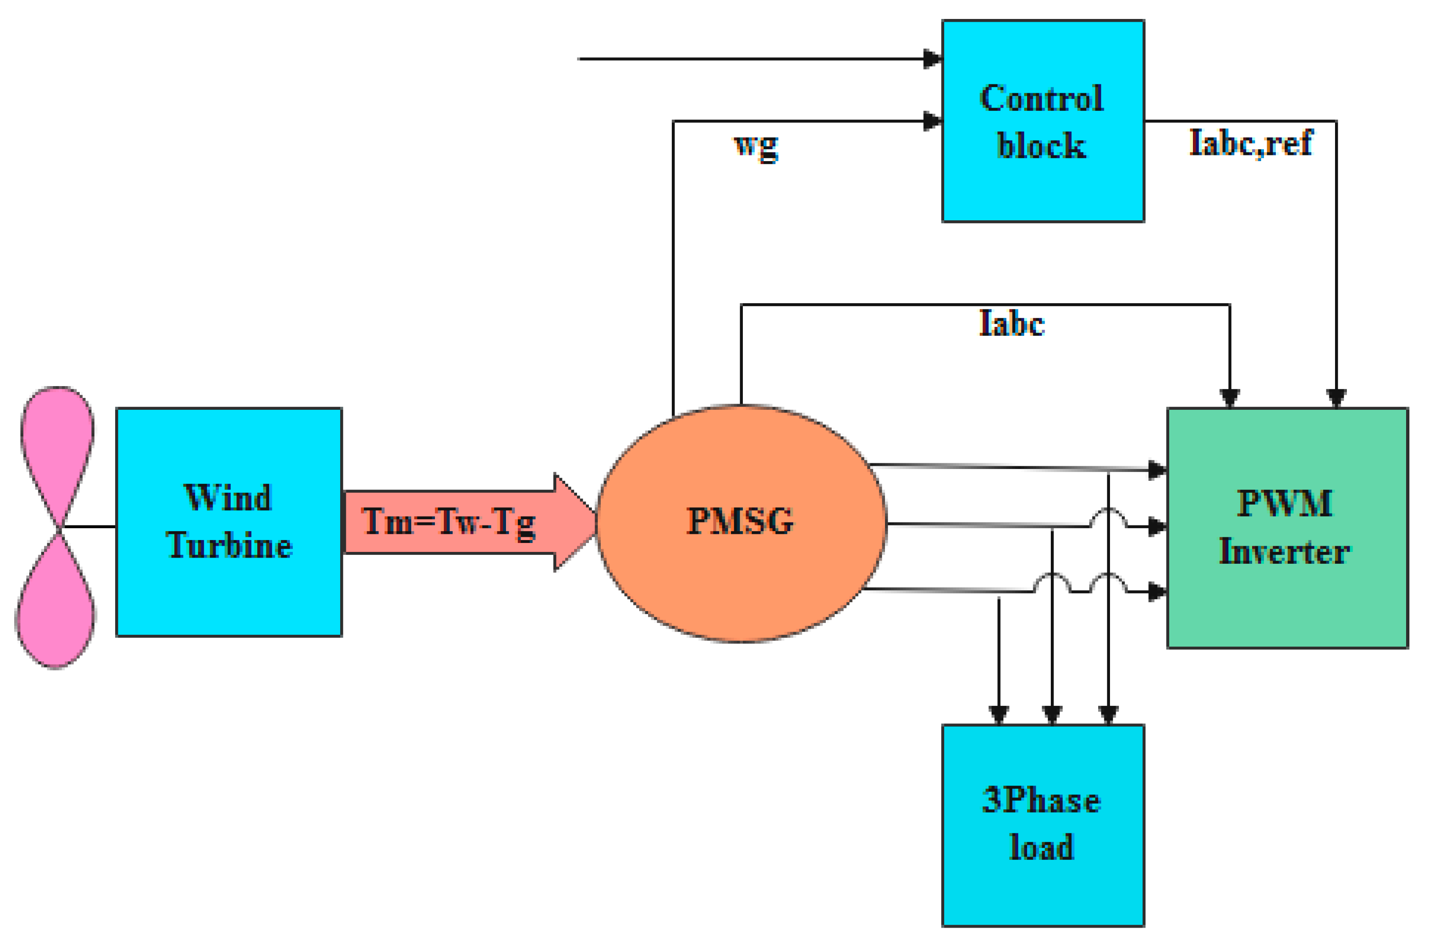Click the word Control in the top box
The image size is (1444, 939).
coord(1041,99)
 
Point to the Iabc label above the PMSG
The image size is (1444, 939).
coord(1011,323)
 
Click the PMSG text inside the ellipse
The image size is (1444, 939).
coord(740,521)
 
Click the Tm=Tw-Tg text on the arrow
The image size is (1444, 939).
coord(448,521)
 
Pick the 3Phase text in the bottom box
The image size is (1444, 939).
coord(1041,800)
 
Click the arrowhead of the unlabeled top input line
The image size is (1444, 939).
coord(932,59)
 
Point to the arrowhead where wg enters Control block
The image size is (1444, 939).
coord(932,121)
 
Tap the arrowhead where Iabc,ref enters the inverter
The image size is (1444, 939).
coord(1336,398)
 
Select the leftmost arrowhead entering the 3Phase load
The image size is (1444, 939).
coord(999,714)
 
